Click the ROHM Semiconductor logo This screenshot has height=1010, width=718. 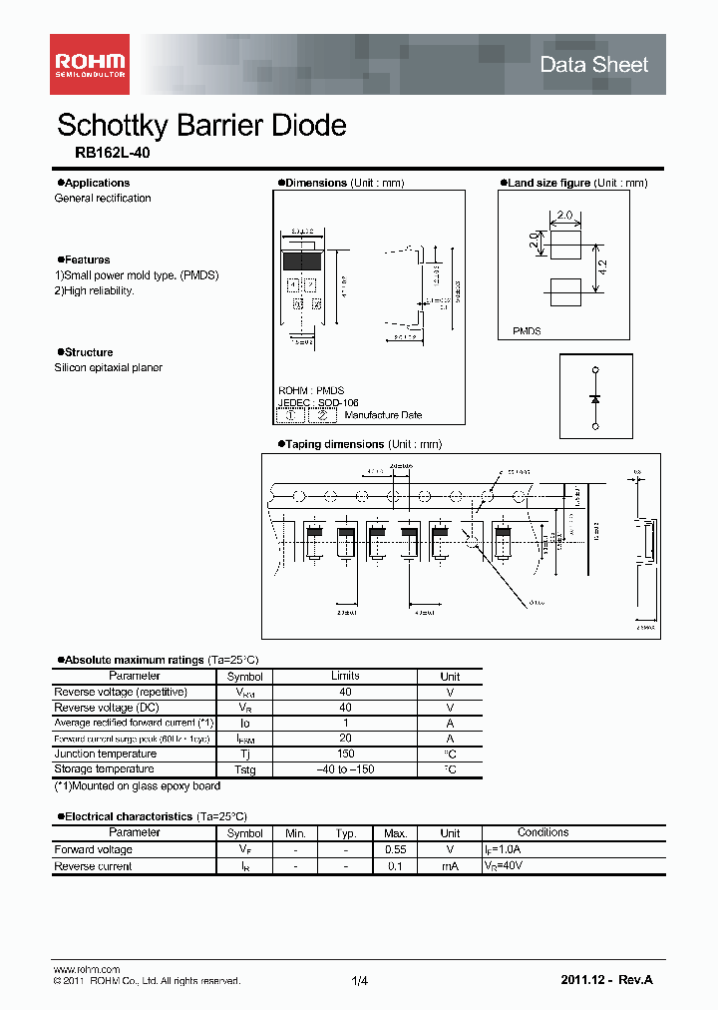(90, 64)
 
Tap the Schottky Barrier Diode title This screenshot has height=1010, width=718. (201, 125)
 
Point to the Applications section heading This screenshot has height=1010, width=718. (97, 183)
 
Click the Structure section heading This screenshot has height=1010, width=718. (89, 352)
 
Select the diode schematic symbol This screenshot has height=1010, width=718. (595, 398)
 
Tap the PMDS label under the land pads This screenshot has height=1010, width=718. (527, 330)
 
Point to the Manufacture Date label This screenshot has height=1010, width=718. (382, 415)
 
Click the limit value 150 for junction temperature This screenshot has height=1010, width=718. (345, 755)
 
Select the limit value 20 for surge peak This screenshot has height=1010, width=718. (345, 739)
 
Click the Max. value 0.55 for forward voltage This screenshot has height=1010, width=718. (394, 850)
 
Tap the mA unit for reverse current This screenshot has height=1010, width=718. (450, 866)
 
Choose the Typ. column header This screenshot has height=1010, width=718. (345, 833)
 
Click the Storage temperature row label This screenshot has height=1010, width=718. (104, 769)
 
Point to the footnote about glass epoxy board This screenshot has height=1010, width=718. (137, 786)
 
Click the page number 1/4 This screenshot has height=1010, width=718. (360, 982)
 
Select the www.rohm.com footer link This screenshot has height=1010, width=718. (86, 969)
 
